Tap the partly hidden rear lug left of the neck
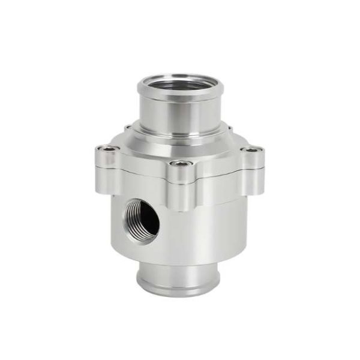pyautogui.click(x=128, y=128)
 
